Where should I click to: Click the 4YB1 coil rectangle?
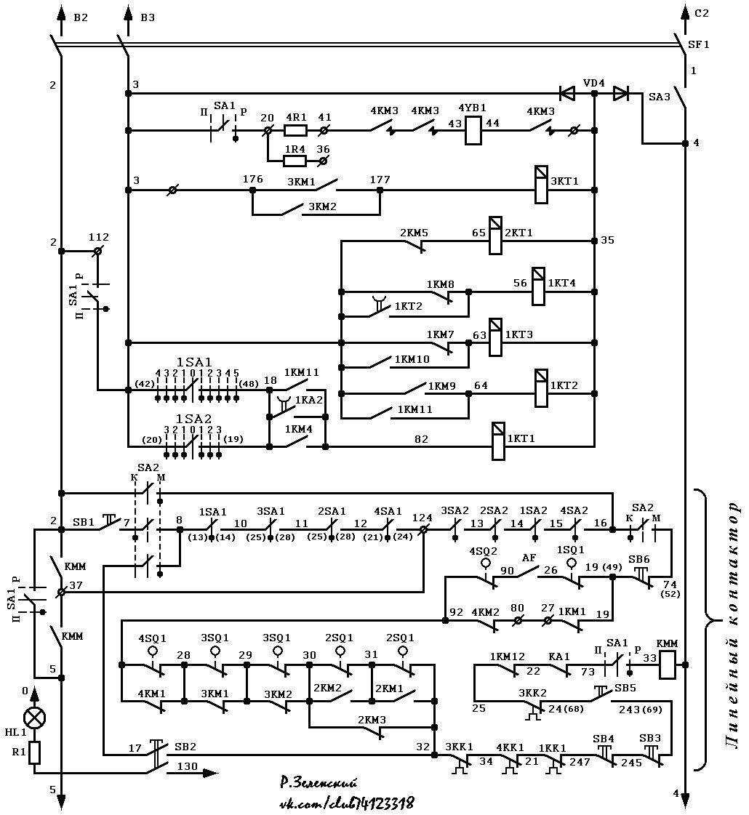473,130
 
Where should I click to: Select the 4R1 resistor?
296,130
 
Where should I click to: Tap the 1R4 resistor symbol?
295,161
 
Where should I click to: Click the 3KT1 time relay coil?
541,185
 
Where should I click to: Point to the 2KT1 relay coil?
495,236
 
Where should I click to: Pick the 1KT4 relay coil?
539,286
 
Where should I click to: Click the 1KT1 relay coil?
498,441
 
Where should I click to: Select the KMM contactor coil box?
668,665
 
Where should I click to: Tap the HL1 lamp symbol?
35,718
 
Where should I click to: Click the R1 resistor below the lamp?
34,752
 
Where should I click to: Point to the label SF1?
699,44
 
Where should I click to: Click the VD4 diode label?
593,83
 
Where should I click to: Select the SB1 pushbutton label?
83,521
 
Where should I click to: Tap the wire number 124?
422,518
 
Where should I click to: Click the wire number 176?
252,180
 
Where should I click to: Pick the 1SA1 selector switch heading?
194,362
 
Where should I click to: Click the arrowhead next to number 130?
210,773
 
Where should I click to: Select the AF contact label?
529,558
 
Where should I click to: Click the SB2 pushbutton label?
185,747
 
